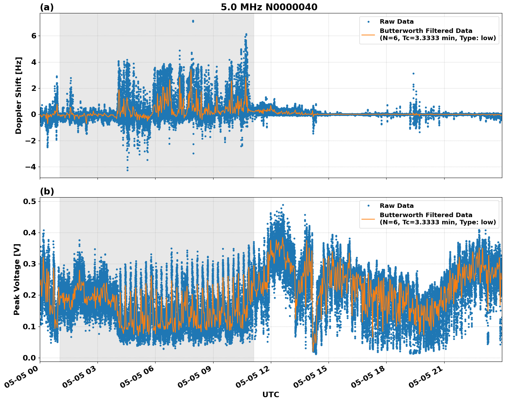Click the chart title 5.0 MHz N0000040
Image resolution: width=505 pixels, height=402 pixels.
(x=269, y=7)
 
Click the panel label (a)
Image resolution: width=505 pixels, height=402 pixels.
(x=47, y=7)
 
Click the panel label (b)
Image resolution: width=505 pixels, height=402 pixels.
(x=47, y=191)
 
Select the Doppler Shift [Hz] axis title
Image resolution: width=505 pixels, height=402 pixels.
(x=19, y=95)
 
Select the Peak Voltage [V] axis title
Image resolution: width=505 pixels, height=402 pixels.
(x=17, y=279)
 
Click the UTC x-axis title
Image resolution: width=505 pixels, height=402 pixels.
(x=271, y=394)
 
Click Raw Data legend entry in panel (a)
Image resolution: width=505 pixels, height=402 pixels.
(x=397, y=22)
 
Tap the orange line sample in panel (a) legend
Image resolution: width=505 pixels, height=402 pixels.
(x=368, y=34)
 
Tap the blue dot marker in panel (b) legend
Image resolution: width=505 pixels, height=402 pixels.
(x=368, y=206)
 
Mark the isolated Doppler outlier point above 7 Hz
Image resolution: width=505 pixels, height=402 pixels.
(x=193, y=21)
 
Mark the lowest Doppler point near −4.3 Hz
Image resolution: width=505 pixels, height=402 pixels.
(x=127, y=170)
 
